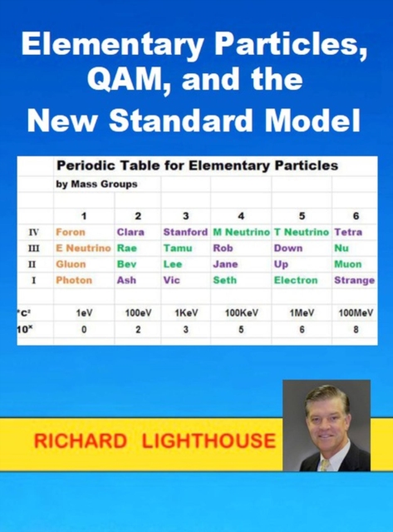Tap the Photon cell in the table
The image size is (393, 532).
coord(74,281)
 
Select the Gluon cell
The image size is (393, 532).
coord(71,264)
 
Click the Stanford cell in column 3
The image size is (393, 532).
coord(185,232)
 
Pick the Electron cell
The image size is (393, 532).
coord(296,281)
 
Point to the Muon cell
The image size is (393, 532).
coord(347,264)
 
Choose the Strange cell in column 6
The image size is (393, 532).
coord(354,281)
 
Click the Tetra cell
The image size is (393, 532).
coord(347,232)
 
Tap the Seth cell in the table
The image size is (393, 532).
coord(224,281)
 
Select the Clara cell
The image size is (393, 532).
coord(131,232)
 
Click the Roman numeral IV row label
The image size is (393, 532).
coord(34,232)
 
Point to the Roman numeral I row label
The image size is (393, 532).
coord(34,281)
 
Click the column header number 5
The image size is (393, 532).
coord(302,216)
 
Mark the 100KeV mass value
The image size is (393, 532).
coord(240,313)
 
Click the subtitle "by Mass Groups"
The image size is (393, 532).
coord(96,185)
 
